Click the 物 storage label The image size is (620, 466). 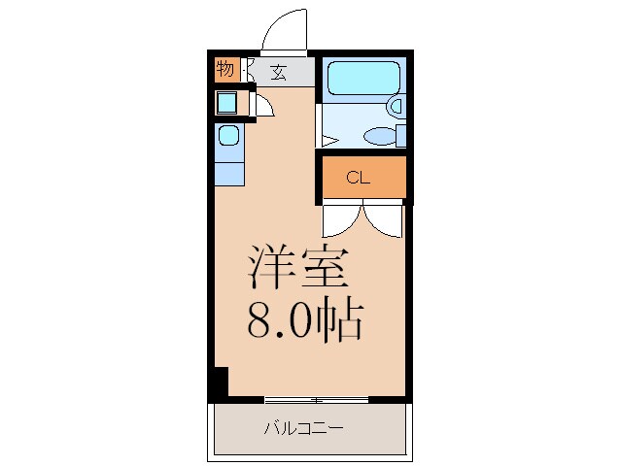click(225, 70)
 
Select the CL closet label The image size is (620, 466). click(359, 178)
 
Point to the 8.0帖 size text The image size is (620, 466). click(305, 320)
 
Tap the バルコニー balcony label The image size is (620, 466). click(303, 428)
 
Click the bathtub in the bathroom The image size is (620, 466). click(362, 79)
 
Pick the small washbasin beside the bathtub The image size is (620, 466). click(396, 106)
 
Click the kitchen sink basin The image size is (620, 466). click(228, 135)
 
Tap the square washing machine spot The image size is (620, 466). click(226, 102)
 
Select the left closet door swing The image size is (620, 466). click(340, 218)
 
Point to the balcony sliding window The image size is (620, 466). click(316, 398)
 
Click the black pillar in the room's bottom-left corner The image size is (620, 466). click(220, 381)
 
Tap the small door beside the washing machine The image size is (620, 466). click(264, 106)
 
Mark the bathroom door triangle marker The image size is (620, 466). click(328, 140)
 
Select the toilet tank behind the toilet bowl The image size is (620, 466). click(399, 135)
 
